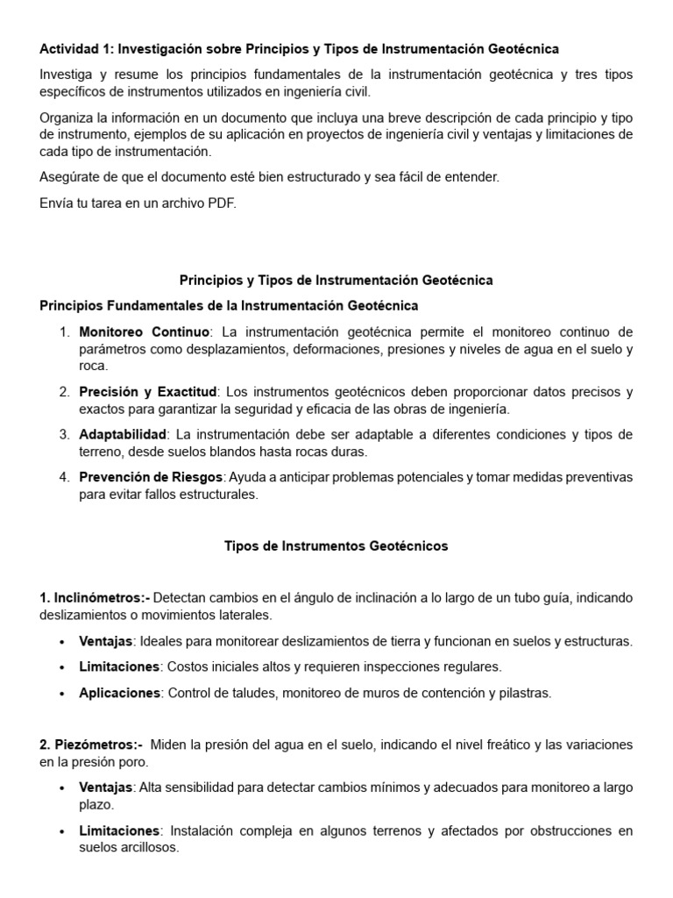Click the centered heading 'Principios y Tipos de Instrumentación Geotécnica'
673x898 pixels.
[336, 281]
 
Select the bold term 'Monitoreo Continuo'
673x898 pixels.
[145, 332]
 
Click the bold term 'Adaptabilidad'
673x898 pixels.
[123, 435]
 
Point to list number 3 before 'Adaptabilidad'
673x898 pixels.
[64, 435]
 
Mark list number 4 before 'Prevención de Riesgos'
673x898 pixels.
[64, 477]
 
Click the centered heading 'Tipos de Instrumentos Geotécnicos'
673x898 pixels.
[336, 546]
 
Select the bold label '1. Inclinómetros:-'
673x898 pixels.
[95, 597]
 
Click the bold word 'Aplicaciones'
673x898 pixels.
[119, 693]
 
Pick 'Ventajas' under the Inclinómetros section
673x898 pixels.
[105, 641]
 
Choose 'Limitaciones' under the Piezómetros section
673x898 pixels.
[119, 830]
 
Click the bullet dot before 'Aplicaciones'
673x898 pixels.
[60, 693]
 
